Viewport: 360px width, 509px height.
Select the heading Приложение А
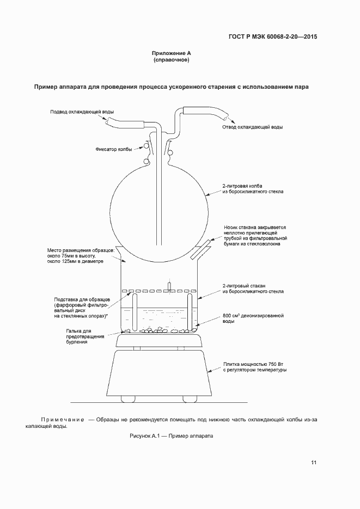tap(172, 53)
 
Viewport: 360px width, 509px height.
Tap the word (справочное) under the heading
tap(172, 60)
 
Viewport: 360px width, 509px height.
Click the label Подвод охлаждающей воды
tap(82, 112)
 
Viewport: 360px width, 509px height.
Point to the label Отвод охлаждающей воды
tap(252, 127)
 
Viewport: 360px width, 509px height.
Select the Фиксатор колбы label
tap(113, 149)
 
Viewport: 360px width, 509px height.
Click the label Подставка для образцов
tap(83, 300)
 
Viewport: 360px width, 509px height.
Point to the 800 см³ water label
tap(251, 316)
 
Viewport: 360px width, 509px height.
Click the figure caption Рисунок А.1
tap(170, 436)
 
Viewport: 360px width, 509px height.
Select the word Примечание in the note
tap(62, 420)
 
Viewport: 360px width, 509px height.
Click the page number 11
tap(314, 463)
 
